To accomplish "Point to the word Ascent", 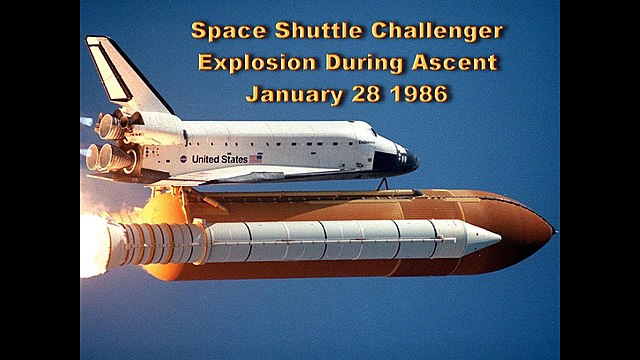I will point(452,63).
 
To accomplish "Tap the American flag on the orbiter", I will point(255,158).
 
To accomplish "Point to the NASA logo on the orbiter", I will point(183,159).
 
